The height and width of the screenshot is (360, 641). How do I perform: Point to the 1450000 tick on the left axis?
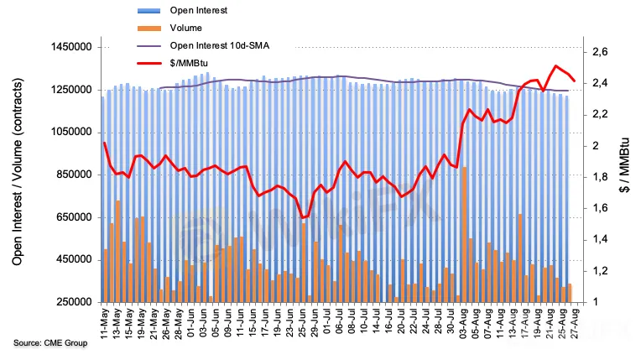click(65, 47)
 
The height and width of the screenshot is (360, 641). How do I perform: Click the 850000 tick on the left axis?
click(69, 175)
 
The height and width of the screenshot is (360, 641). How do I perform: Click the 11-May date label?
click(104, 321)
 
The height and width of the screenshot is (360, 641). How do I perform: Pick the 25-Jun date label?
click(303, 321)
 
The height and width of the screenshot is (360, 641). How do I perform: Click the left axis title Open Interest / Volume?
click(18, 175)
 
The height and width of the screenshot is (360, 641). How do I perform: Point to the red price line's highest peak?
click(555, 65)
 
